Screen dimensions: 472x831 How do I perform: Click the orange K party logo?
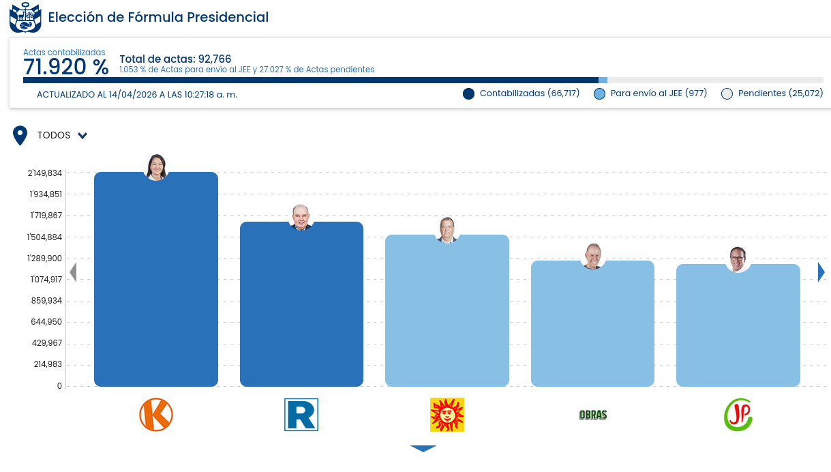(x=156, y=415)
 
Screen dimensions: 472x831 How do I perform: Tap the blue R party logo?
(x=301, y=415)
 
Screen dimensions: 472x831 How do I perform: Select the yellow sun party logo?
(x=447, y=415)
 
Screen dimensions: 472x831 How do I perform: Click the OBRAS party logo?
(x=592, y=415)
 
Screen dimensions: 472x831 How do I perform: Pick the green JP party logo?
(x=738, y=415)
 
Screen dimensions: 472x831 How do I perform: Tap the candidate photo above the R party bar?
(x=301, y=218)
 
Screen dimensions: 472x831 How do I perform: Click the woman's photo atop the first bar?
(x=156, y=167)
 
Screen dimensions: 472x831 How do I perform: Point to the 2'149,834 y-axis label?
(x=45, y=173)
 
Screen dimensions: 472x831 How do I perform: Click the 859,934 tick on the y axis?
(x=46, y=301)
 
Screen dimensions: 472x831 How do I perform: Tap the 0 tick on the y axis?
(x=59, y=386)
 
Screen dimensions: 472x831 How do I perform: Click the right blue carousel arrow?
(x=821, y=272)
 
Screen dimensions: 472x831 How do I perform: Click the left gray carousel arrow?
(x=73, y=272)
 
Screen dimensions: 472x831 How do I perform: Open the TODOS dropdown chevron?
(x=82, y=136)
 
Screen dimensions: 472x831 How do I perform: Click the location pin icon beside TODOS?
(x=20, y=136)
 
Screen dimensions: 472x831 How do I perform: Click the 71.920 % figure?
(x=65, y=68)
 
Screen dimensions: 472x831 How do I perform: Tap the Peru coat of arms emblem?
(x=25, y=18)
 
